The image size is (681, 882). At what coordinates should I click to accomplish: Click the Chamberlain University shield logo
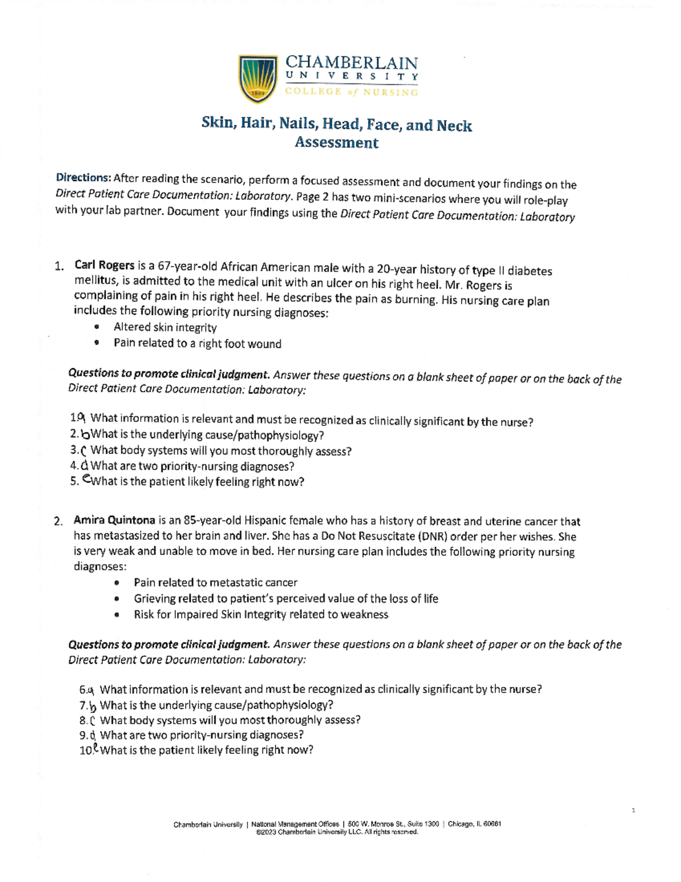pyautogui.click(x=258, y=79)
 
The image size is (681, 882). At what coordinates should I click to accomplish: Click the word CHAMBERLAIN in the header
pyautogui.click(x=351, y=63)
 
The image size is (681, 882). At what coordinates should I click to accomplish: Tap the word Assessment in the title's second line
pyautogui.click(x=336, y=142)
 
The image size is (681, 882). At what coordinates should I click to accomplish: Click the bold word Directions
pyautogui.click(x=83, y=178)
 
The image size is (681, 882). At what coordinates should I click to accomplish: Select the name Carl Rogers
pyautogui.click(x=104, y=265)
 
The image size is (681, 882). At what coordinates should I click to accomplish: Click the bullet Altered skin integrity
pyautogui.click(x=165, y=327)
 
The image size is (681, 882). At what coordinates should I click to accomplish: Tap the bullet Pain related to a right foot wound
pyautogui.click(x=197, y=343)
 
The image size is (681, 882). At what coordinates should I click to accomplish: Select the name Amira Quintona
pyautogui.click(x=114, y=520)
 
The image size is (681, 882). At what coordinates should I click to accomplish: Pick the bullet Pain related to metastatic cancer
pyautogui.click(x=215, y=583)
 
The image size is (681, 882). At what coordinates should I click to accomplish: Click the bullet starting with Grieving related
pyautogui.click(x=285, y=598)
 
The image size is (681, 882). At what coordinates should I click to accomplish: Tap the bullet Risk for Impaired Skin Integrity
pyautogui.click(x=260, y=614)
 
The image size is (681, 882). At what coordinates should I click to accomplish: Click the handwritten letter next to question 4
pyautogui.click(x=85, y=465)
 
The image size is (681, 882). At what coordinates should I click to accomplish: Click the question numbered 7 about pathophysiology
pyautogui.click(x=216, y=705)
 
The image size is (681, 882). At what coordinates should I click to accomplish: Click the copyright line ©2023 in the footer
pyautogui.click(x=337, y=832)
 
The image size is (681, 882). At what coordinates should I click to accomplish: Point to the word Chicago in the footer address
pyautogui.click(x=461, y=824)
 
